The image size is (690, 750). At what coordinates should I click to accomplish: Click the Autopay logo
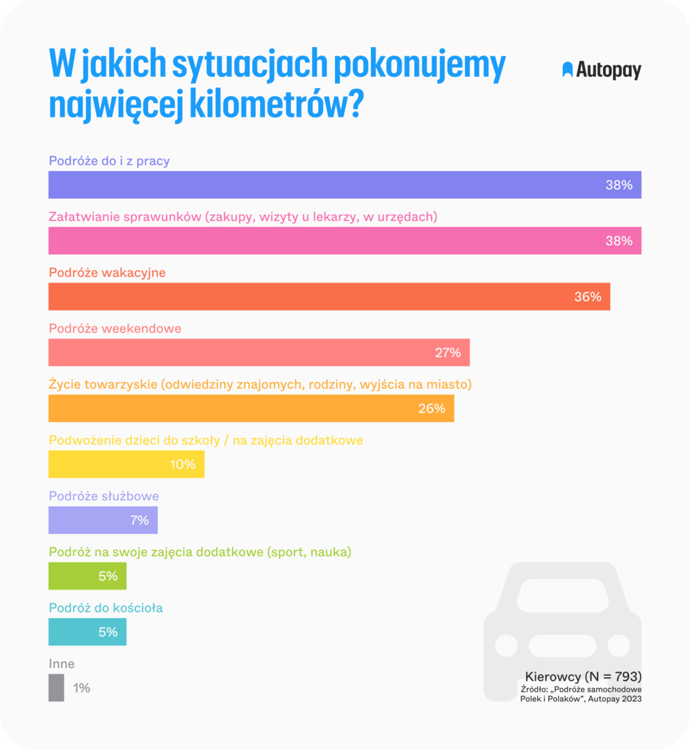pyautogui.click(x=601, y=70)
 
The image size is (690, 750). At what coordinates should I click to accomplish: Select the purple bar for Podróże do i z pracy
pyautogui.click(x=345, y=185)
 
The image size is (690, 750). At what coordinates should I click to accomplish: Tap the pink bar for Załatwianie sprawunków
pyautogui.click(x=345, y=241)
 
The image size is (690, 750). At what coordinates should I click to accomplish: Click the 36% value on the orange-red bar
pyautogui.click(x=587, y=297)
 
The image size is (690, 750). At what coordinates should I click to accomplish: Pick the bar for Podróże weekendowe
pyautogui.click(x=258, y=353)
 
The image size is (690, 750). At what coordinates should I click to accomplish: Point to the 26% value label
pyautogui.click(x=432, y=409)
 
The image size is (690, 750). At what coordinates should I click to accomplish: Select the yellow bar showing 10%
pyautogui.click(x=126, y=465)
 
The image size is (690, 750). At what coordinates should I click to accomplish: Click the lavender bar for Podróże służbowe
pyautogui.click(x=103, y=520)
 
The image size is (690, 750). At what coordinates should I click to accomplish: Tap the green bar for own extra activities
pyautogui.click(x=88, y=576)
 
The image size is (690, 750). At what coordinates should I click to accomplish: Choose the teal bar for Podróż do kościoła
pyautogui.click(x=88, y=632)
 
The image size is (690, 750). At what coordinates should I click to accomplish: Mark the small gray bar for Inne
pyautogui.click(x=56, y=687)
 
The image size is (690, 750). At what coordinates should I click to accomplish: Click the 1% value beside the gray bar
pyautogui.click(x=81, y=688)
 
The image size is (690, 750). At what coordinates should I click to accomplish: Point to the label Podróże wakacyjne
pyautogui.click(x=107, y=273)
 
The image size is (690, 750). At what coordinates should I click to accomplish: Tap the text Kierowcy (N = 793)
pyautogui.click(x=583, y=676)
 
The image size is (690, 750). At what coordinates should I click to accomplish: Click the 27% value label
pyautogui.click(x=447, y=353)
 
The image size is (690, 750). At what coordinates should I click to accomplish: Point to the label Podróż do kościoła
pyautogui.click(x=106, y=608)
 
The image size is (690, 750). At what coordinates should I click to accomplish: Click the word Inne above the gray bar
pyautogui.click(x=61, y=664)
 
